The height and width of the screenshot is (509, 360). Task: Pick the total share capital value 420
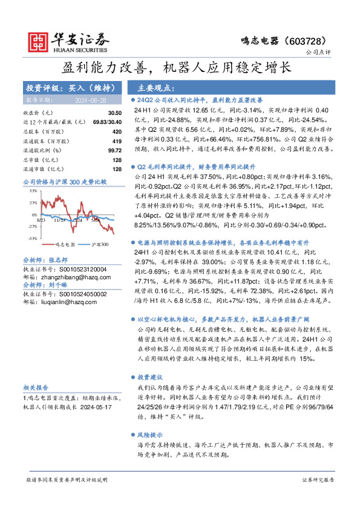click(x=109, y=131)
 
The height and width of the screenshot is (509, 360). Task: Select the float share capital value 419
click(x=109, y=140)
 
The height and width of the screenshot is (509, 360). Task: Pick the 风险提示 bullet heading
click(x=151, y=435)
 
